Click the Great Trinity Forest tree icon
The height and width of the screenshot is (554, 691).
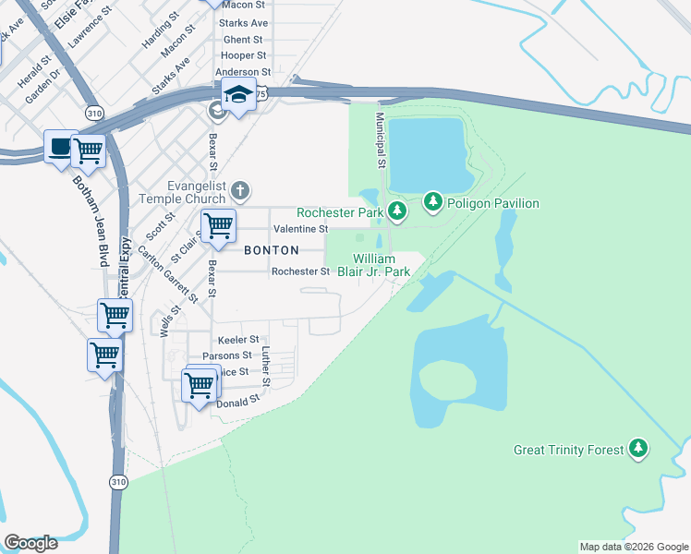637,449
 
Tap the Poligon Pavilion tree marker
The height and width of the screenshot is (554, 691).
432,201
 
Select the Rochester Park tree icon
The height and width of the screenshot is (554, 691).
397,212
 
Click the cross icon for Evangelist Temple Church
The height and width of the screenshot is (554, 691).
239,191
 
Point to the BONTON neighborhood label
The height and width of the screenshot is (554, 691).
271,250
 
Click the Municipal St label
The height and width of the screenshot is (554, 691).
380,139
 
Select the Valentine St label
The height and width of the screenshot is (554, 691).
300,229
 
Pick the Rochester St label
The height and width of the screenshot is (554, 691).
300,271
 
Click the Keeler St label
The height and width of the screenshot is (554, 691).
237,341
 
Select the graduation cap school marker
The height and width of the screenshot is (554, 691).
238,95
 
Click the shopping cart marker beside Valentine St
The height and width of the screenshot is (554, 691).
217,224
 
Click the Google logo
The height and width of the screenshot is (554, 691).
30,543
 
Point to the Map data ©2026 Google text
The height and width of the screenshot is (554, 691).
633,547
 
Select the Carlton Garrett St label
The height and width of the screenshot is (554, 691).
168,274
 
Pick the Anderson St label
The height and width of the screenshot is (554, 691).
242,72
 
